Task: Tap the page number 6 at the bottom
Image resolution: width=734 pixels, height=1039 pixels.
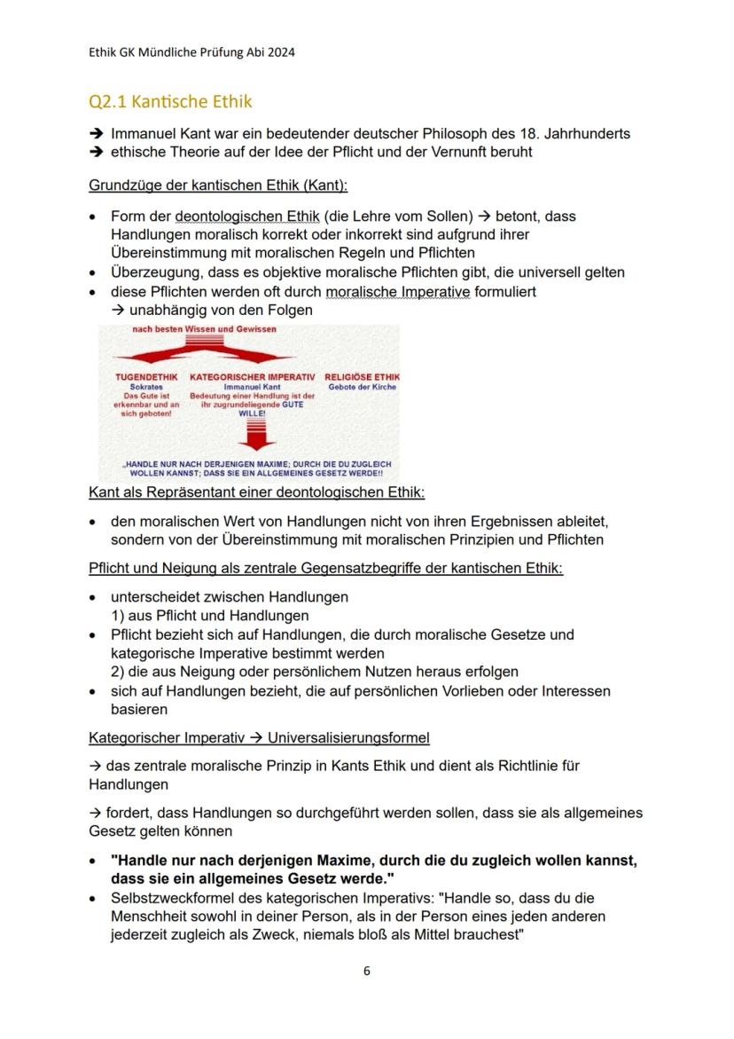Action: point(367,971)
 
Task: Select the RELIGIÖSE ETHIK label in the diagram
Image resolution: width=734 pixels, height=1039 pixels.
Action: point(362,377)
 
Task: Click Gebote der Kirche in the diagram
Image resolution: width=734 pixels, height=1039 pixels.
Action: point(362,387)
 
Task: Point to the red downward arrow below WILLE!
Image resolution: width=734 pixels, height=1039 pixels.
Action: point(252,435)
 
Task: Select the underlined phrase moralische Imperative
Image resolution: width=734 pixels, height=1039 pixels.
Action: point(398,292)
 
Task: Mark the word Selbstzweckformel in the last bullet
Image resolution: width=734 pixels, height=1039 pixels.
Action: point(170,899)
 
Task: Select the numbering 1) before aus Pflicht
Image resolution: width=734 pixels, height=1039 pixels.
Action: point(118,616)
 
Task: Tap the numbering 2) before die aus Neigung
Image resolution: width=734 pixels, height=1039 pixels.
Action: point(118,672)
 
